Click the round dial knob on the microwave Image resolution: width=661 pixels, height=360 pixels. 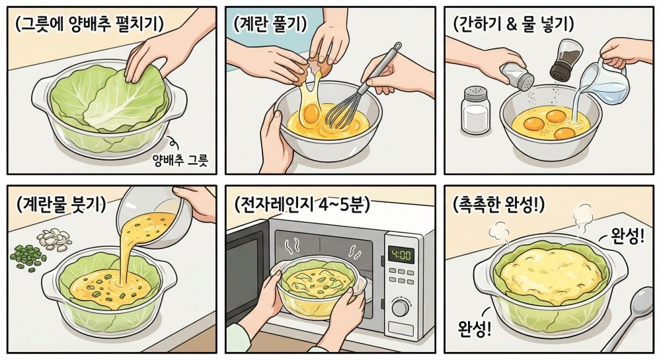[x=401, y=308]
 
